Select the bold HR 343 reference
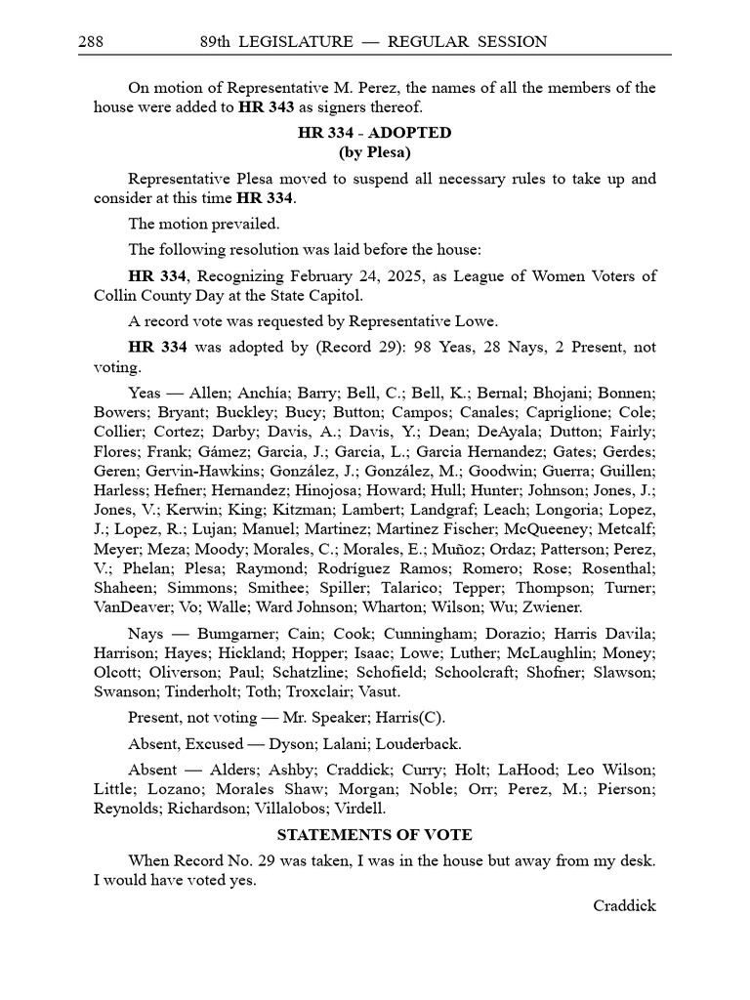point(265,107)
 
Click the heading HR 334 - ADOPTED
point(374,133)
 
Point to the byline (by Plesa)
point(374,152)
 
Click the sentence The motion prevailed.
point(203,224)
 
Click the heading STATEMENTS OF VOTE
point(374,835)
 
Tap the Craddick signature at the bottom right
point(624,905)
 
